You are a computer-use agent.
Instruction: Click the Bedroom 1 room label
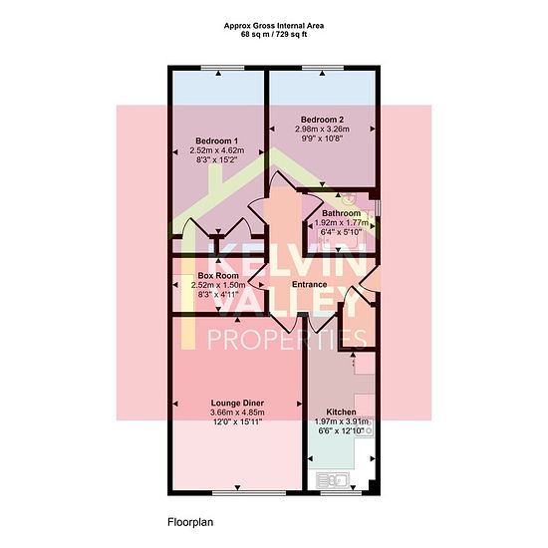[x=216, y=140]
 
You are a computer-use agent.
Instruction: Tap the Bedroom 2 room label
[x=322, y=120]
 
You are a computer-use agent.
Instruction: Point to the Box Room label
[x=218, y=276]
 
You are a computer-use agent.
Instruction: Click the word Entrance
[x=310, y=285]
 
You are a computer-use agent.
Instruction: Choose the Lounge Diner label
[x=237, y=403]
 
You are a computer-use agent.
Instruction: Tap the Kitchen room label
[x=341, y=412]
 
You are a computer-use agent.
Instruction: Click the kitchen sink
[x=333, y=480]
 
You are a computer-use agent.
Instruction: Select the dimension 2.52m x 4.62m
[x=216, y=150]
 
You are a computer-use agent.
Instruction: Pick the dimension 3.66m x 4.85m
[x=237, y=412]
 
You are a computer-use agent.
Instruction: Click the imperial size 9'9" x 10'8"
[x=322, y=138]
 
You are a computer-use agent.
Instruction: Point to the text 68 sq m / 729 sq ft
[x=274, y=35]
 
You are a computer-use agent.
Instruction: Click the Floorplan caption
[x=190, y=522]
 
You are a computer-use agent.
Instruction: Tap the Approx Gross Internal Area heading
[x=274, y=26]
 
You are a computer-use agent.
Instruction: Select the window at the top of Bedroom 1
[x=222, y=68]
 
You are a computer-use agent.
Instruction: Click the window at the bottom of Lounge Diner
[x=249, y=493]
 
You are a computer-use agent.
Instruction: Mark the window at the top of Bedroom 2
[x=323, y=68]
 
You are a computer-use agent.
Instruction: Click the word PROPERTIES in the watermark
[x=287, y=339]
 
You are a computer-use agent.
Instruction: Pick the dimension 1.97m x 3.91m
[x=342, y=421]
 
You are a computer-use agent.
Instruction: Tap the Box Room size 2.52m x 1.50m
[x=218, y=285]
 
